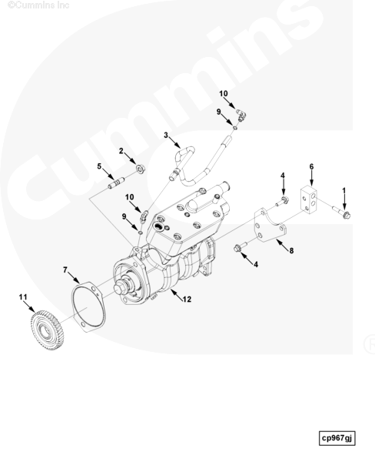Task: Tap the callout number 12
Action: pyautogui.click(x=187, y=300)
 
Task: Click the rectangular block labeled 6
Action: pyautogui.click(x=308, y=199)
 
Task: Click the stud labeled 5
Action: pyautogui.click(x=116, y=183)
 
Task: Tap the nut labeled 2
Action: pyautogui.click(x=141, y=169)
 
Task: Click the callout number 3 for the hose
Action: pyautogui.click(x=166, y=136)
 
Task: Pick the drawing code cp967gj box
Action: pyautogui.click(x=337, y=438)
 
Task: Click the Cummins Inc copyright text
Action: pyautogui.click(x=38, y=5)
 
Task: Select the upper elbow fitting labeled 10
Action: pyautogui.click(x=242, y=115)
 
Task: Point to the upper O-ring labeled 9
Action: pyautogui.click(x=236, y=128)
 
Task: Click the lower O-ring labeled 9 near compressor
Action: pyautogui.click(x=141, y=233)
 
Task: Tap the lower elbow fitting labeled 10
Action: pyautogui.click(x=144, y=216)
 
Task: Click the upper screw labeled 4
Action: pyautogui.click(x=282, y=201)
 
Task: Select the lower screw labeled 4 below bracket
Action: pyautogui.click(x=241, y=246)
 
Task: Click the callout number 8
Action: pyautogui.click(x=291, y=251)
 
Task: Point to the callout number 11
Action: pyautogui.click(x=23, y=297)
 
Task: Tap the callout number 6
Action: pyautogui.click(x=311, y=167)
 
